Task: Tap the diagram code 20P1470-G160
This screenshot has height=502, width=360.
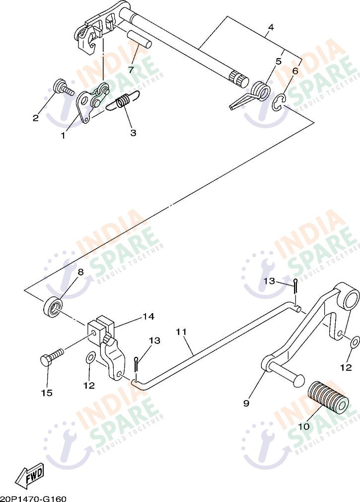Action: pos(33,499)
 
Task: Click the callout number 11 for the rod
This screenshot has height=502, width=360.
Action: pos(181,332)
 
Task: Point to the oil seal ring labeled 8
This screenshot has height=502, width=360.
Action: pos(53,306)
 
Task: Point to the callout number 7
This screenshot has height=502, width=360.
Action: pos(131,70)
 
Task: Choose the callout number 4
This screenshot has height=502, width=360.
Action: pos(271,27)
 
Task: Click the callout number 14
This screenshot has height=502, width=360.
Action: pos(148,316)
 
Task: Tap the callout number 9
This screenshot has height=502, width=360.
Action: pos(246,403)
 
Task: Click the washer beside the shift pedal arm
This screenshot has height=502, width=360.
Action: pos(355,342)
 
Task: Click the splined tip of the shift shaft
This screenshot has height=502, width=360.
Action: pos(239,79)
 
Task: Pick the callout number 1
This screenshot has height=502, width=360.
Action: pos(63,136)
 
